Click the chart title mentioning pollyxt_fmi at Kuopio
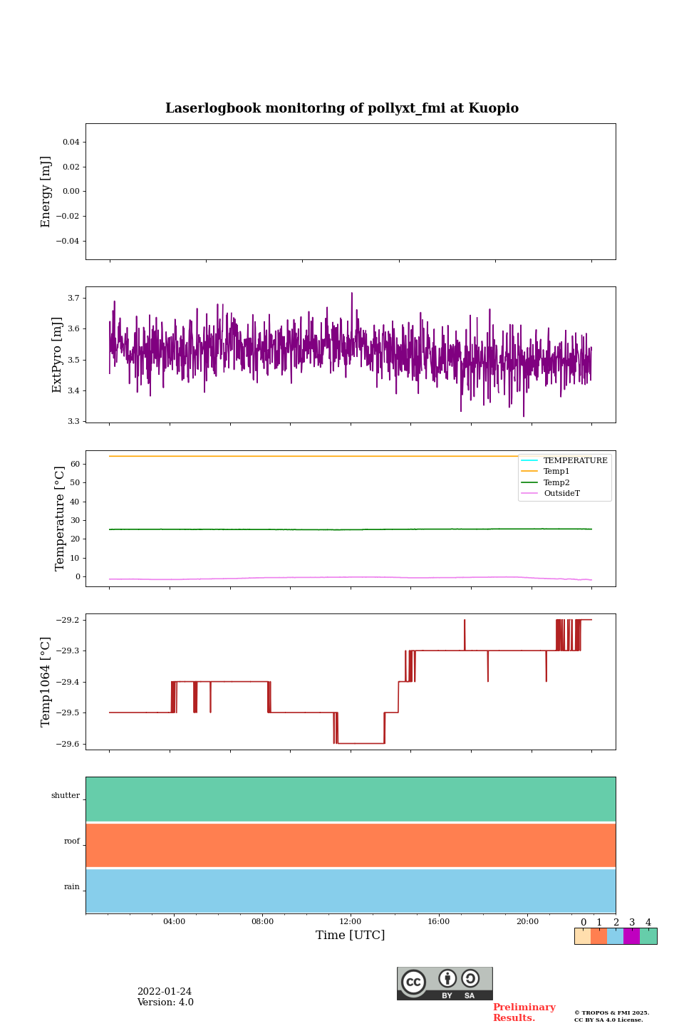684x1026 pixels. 342,108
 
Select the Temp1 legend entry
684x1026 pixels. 556,472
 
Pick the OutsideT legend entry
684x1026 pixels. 561,494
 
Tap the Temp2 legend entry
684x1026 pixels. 556,482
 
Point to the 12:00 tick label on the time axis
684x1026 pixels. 351,922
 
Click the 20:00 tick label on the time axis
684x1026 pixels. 527,922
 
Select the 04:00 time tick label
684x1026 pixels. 174,922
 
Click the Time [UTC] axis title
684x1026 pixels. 351,936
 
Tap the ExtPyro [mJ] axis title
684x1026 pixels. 58,355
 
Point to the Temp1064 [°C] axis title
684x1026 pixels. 46,682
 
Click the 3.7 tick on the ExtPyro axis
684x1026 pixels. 73,298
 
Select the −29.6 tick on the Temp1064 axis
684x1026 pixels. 68,744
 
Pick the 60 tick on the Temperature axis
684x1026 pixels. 75,464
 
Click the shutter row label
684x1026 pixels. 66,796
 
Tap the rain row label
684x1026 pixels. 72,887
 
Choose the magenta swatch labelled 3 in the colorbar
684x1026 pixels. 631,936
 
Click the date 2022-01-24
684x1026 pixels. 165,992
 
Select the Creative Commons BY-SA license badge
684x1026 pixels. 445,983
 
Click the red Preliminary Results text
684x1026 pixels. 524,1012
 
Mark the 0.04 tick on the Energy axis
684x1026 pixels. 71,142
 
